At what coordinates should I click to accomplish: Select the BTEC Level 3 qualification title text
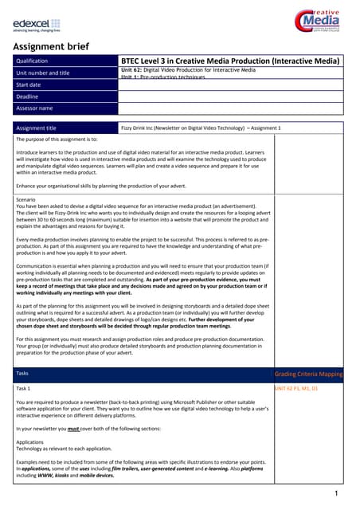coord(229,61)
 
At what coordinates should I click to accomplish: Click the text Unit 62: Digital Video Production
coord(188,70)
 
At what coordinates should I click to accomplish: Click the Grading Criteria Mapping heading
coord(308,373)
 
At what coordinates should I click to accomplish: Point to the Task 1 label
coord(25,387)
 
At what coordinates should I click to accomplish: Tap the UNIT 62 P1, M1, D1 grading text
coord(295,387)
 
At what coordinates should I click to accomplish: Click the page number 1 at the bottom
coord(338,494)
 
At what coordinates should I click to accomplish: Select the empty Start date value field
coord(231,84)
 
